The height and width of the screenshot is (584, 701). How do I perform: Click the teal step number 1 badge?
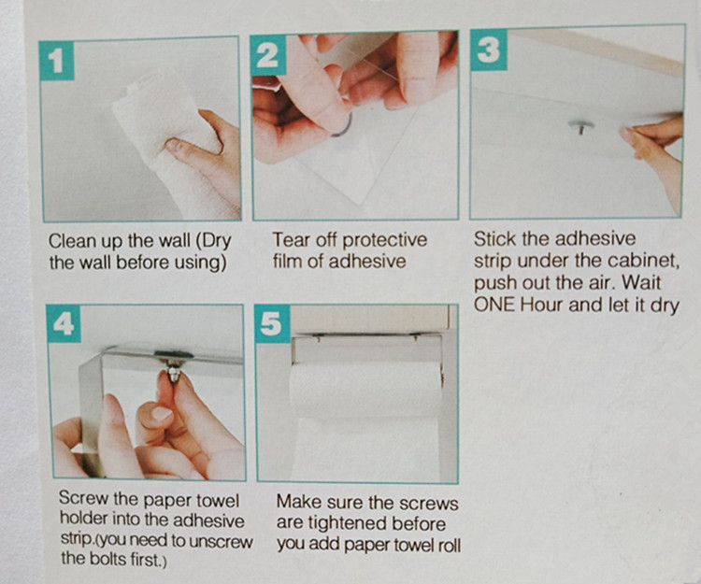57,61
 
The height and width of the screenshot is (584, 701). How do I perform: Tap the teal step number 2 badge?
268,55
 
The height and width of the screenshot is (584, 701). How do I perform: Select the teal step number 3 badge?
488,50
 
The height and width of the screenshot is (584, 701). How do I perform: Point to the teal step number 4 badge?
64,324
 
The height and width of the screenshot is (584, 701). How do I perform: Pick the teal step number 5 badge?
272,324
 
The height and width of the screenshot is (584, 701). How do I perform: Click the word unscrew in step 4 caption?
221,541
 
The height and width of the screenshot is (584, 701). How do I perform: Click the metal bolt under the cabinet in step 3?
580,126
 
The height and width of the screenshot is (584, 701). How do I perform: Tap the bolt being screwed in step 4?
174,372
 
